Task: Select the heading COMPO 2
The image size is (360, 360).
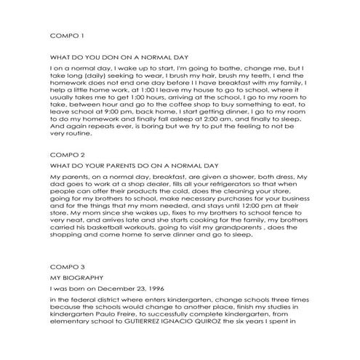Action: click(x=67, y=156)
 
